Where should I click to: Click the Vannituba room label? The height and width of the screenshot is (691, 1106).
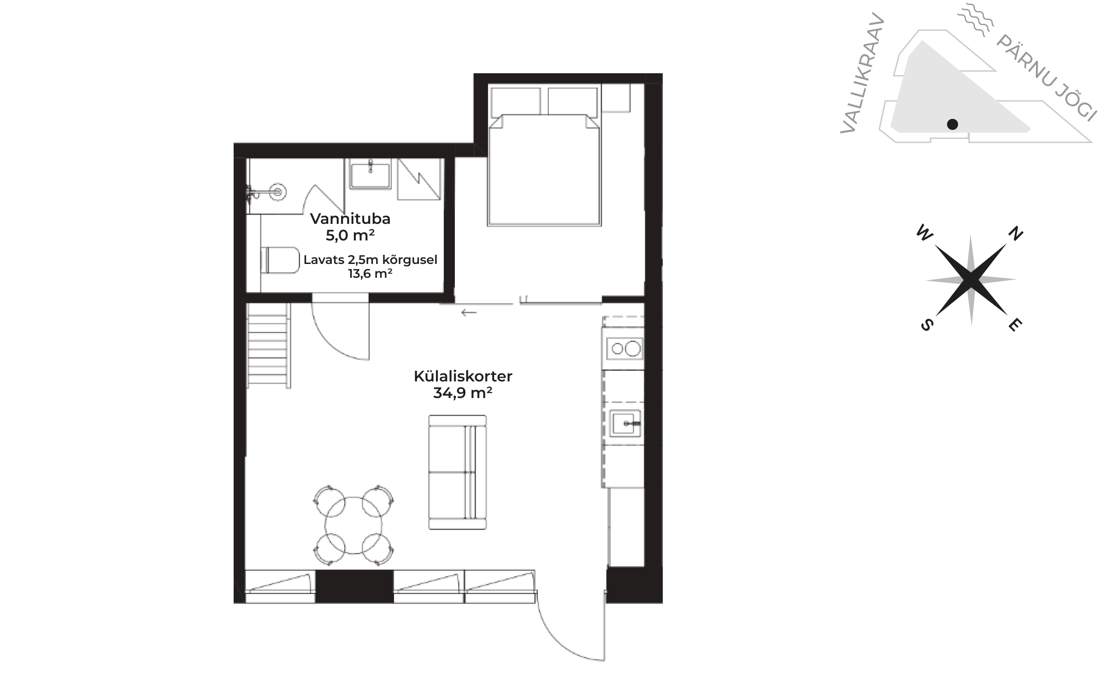click(x=350, y=219)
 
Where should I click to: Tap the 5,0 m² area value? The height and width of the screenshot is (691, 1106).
click(x=350, y=235)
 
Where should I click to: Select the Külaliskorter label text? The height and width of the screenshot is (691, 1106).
click(x=463, y=376)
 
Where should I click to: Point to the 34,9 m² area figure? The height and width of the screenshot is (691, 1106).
click(x=463, y=393)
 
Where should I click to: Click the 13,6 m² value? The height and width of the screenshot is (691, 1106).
click(x=371, y=274)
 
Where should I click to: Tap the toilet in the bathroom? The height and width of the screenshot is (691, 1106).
click(x=280, y=260)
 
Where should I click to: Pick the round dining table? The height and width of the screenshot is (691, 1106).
click(x=353, y=526)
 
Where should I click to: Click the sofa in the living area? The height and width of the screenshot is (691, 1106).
click(x=458, y=472)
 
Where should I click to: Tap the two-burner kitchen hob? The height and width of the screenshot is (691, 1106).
click(x=625, y=349)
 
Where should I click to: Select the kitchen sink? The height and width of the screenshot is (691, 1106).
click(x=625, y=423)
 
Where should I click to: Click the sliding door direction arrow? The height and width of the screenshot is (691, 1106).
click(x=469, y=313)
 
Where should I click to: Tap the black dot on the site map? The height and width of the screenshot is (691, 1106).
click(x=953, y=124)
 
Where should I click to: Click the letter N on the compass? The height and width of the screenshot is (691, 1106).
click(x=1016, y=234)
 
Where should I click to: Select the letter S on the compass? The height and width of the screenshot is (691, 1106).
click(x=927, y=325)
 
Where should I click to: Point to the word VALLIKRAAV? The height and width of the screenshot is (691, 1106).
click(x=862, y=73)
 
